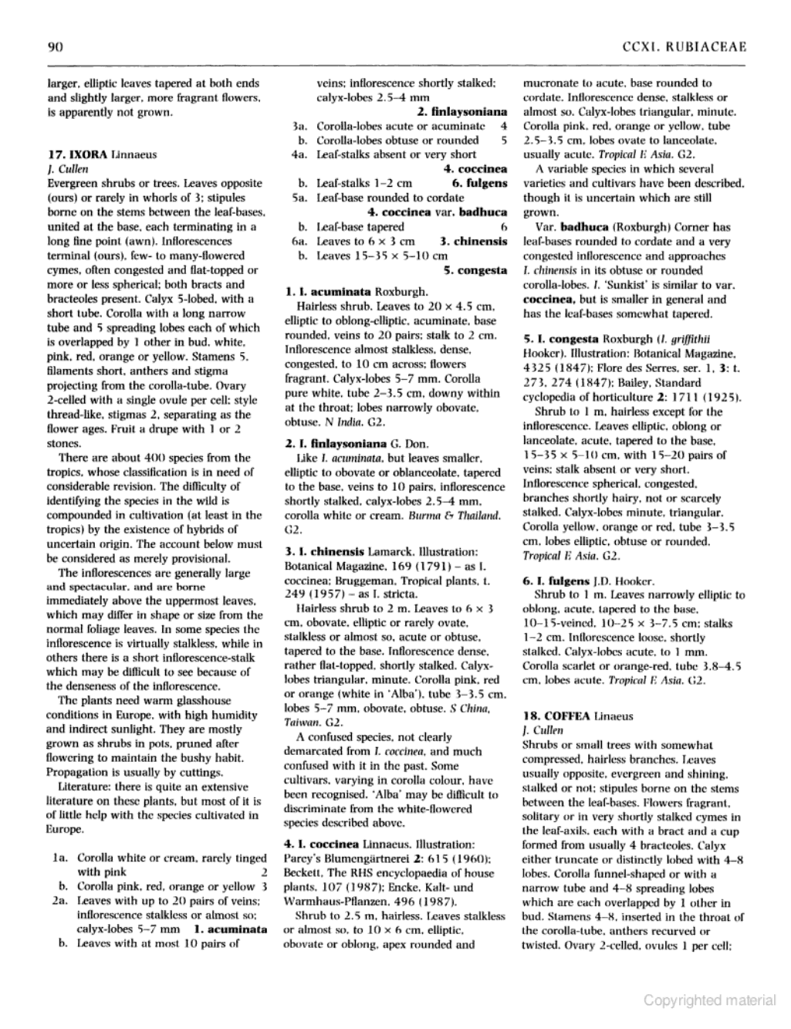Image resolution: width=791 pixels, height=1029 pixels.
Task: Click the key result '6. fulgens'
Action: tap(479, 184)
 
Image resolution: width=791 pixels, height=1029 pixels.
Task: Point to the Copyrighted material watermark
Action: tap(709, 1000)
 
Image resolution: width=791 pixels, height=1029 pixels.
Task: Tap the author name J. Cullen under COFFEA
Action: tap(543, 730)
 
